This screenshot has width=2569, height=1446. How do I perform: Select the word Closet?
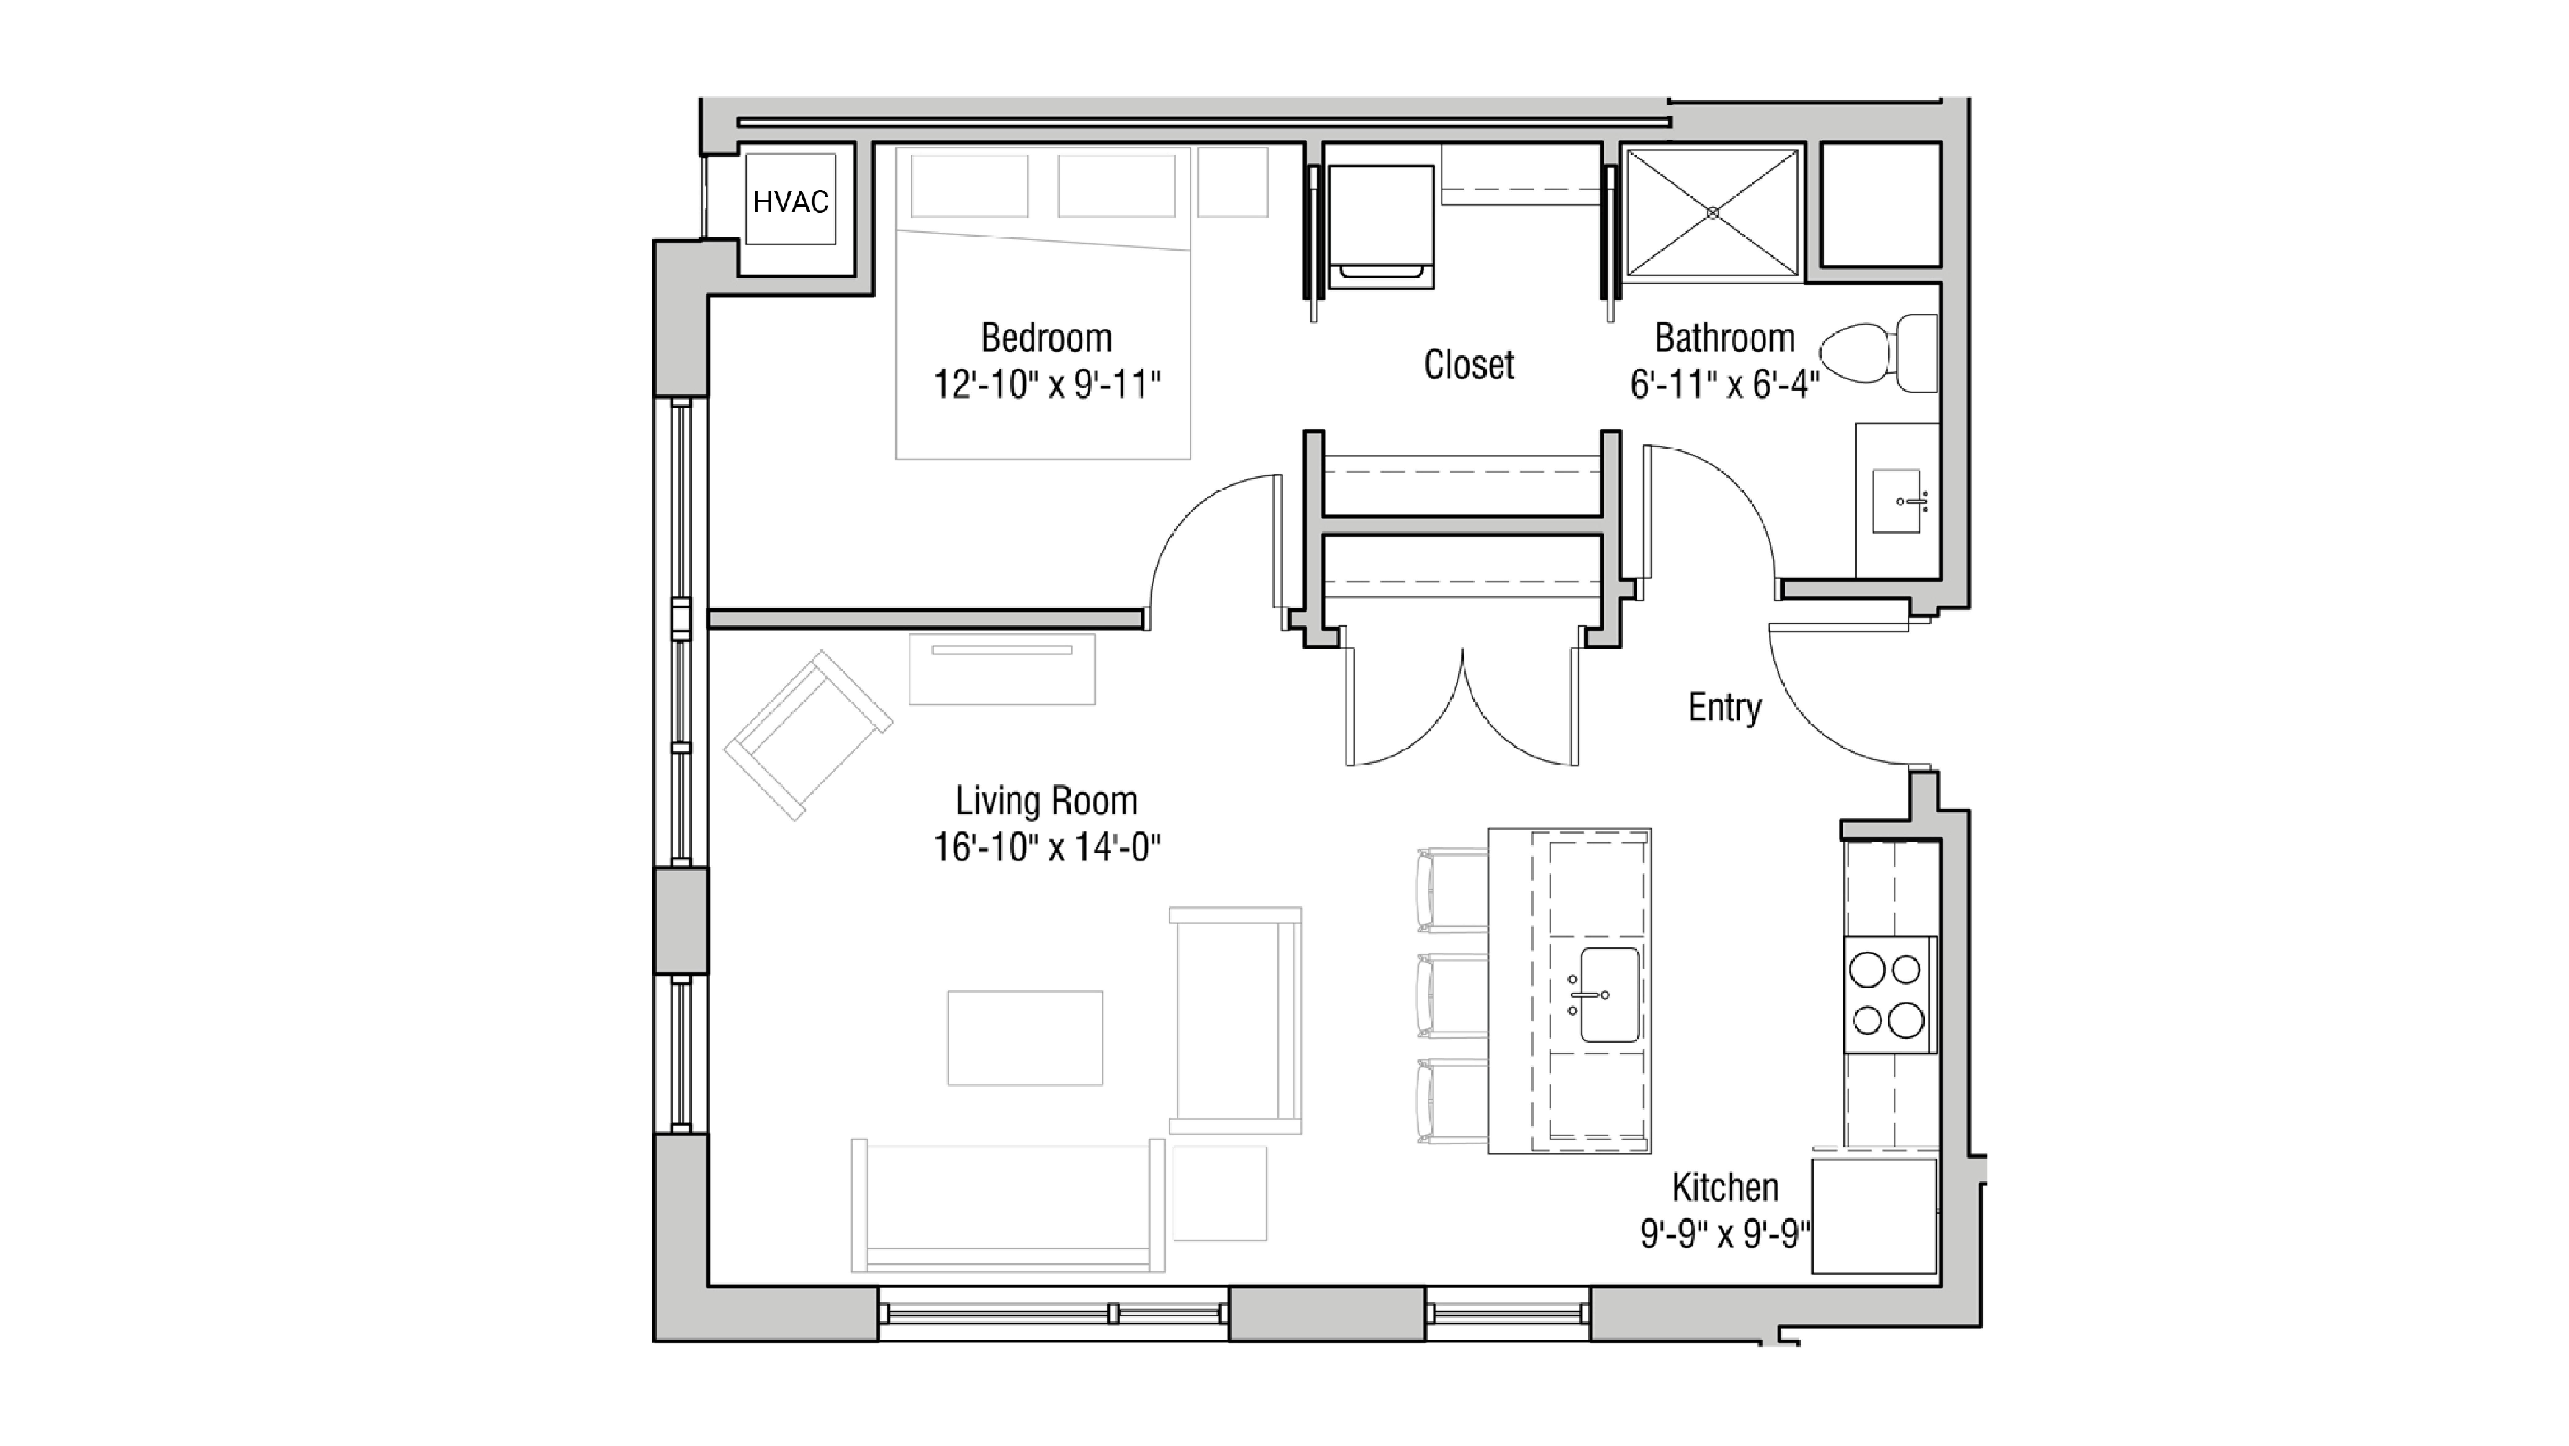pyautogui.click(x=1468, y=365)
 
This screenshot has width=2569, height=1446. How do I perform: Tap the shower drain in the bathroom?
pyautogui.click(x=1712, y=212)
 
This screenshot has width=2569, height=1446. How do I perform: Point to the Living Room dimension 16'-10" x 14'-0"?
pyautogui.click(x=1046, y=848)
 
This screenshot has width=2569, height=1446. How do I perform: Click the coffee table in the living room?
pyautogui.click(x=1025, y=1037)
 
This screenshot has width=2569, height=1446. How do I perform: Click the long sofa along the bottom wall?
pyautogui.click(x=1007, y=1207)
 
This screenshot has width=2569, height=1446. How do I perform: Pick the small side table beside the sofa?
pyautogui.click(x=1220, y=1194)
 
